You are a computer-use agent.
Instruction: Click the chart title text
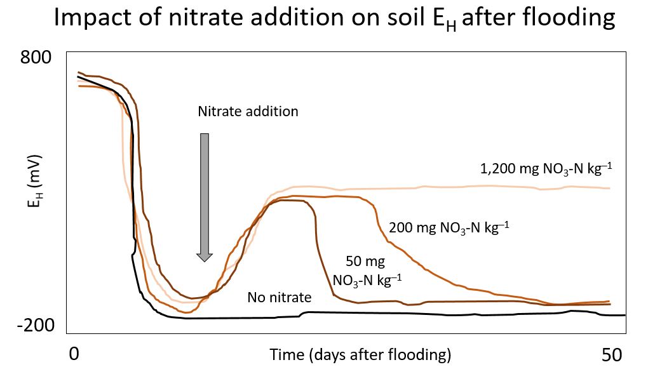[334, 19]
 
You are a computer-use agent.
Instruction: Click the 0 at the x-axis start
[74, 354]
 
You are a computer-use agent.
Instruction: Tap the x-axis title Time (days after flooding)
[360, 354]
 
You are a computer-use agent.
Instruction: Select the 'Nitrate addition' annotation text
[248, 111]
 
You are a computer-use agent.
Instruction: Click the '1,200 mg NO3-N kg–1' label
[546, 169]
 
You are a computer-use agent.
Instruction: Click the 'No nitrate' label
[280, 297]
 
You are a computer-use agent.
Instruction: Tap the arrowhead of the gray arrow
[204, 256]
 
